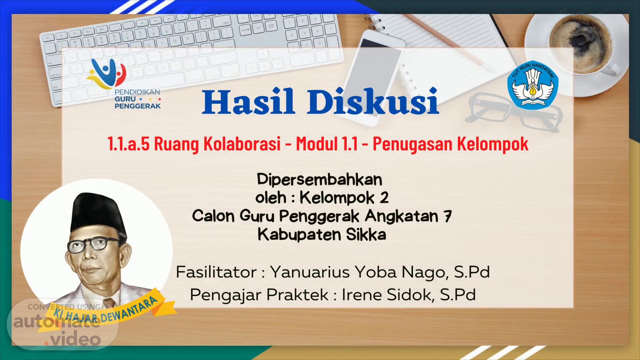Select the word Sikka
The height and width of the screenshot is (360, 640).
(x=366, y=234)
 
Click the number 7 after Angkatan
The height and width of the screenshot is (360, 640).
(x=447, y=216)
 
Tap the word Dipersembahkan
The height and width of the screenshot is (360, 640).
(x=319, y=180)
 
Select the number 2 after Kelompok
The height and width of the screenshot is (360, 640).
(x=384, y=198)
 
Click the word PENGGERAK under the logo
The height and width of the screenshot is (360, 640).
(x=138, y=106)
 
